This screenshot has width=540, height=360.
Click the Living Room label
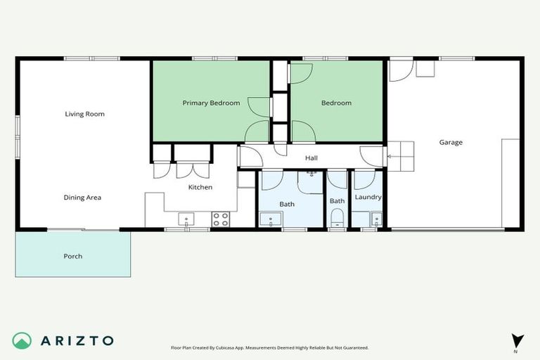(84, 114)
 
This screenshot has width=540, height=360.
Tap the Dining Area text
(83, 198)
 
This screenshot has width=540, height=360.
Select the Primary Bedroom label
(211, 103)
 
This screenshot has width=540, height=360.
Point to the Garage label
(451, 142)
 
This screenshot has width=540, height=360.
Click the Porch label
(73, 256)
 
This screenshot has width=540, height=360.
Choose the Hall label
(311, 158)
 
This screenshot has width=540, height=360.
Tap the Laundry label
(368, 198)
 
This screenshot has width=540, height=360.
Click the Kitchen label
(200, 187)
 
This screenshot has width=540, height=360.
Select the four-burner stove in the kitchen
(221, 219)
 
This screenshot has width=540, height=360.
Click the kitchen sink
(186, 219)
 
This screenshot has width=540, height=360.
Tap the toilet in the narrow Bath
(337, 217)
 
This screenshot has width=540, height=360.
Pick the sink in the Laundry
(375, 218)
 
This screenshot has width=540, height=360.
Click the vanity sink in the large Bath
(269, 219)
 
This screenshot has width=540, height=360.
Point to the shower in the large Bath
(310, 181)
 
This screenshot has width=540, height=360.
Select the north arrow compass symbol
(517, 340)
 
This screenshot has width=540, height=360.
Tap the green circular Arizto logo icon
(22, 340)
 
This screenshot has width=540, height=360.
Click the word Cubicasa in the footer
(236, 347)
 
